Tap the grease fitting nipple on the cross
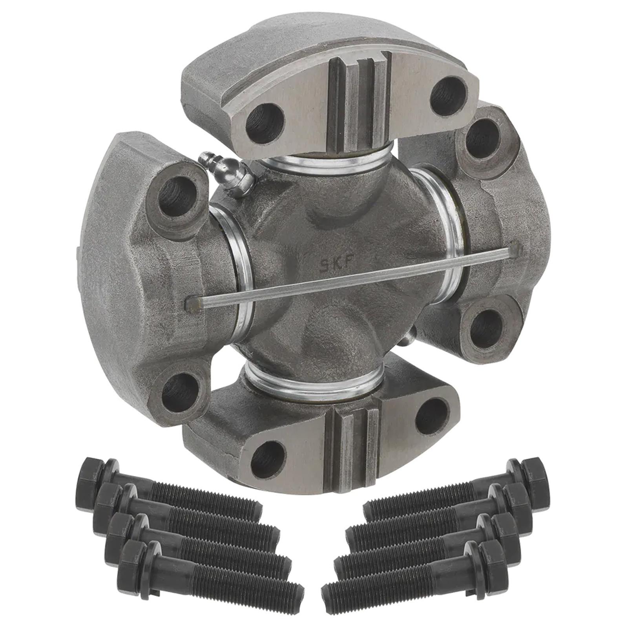(226, 173)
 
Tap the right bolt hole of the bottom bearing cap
(431, 416)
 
